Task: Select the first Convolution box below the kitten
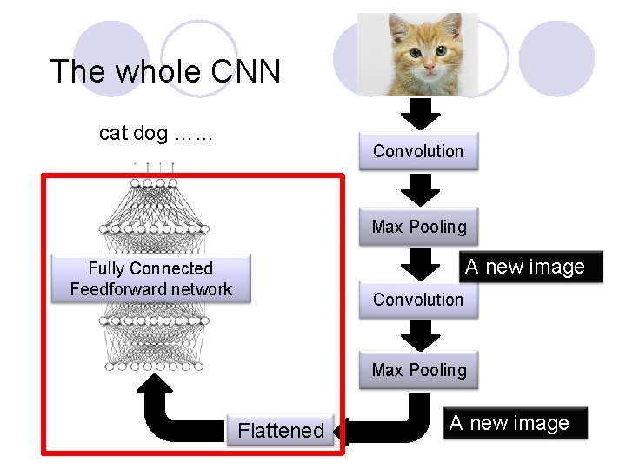pyautogui.click(x=418, y=151)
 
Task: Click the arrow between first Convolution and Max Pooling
pyautogui.click(x=420, y=188)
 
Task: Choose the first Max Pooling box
pyautogui.click(x=419, y=227)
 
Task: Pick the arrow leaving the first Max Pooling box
pyautogui.click(x=420, y=262)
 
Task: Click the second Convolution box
pyautogui.click(x=418, y=300)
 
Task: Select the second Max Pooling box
pyautogui.click(x=419, y=370)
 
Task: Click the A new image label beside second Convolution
pyautogui.click(x=525, y=267)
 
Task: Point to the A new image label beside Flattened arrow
pyautogui.click(x=509, y=423)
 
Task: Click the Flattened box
pyautogui.click(x=281, y=430)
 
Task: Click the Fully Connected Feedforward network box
pyautogui.click(x=151, y=279)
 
